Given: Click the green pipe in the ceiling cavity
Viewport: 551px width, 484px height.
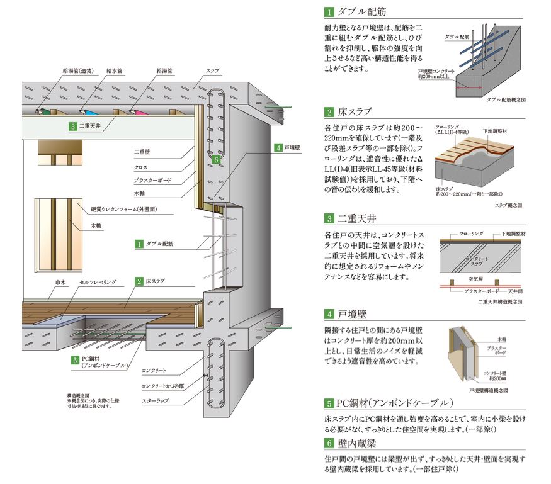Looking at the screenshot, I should (42, 112).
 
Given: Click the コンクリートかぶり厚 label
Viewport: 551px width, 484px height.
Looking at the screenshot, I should (164, 384).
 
